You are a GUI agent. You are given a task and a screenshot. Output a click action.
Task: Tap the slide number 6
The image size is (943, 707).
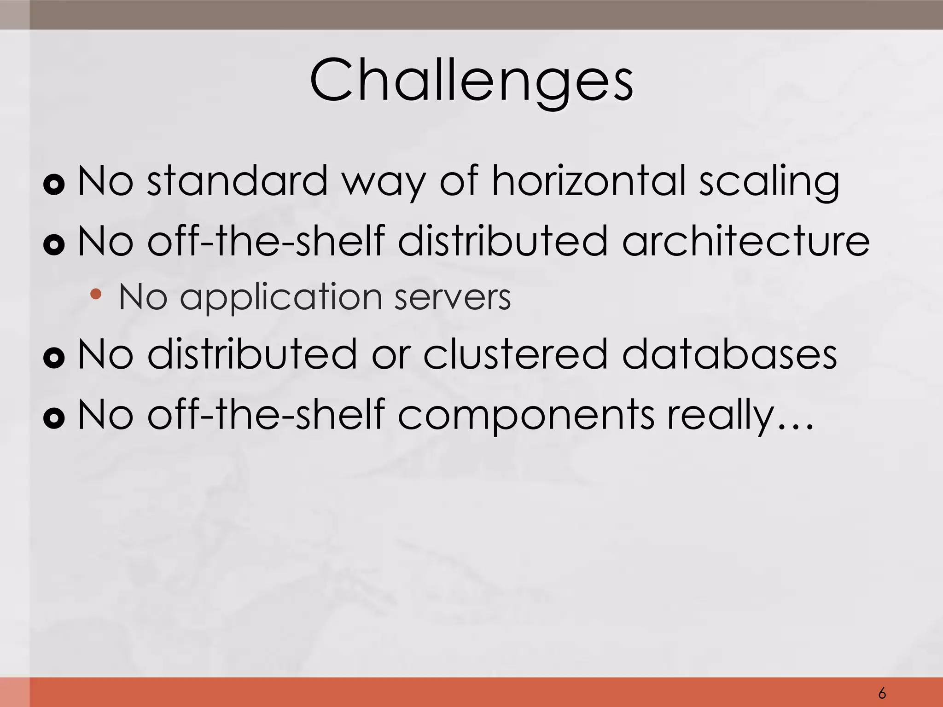click(882, 693)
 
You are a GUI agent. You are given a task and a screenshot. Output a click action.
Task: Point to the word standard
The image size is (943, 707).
click(236, 180)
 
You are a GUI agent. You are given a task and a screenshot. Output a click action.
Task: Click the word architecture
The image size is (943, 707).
click(745, 241)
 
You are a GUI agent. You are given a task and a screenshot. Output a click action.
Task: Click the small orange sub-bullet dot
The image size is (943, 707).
click(96, 294)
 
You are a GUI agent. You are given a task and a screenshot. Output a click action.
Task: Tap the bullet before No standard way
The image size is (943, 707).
click(54, 185)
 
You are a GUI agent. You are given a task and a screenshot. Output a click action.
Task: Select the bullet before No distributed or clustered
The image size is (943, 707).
click(54, 358)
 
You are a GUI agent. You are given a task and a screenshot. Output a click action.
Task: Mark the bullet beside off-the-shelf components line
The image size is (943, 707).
click(54, 418)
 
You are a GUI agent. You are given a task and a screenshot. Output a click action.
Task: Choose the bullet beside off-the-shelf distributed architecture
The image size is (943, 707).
click(54, 244)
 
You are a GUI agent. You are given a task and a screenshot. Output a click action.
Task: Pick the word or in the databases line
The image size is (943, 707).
click(390, 355)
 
